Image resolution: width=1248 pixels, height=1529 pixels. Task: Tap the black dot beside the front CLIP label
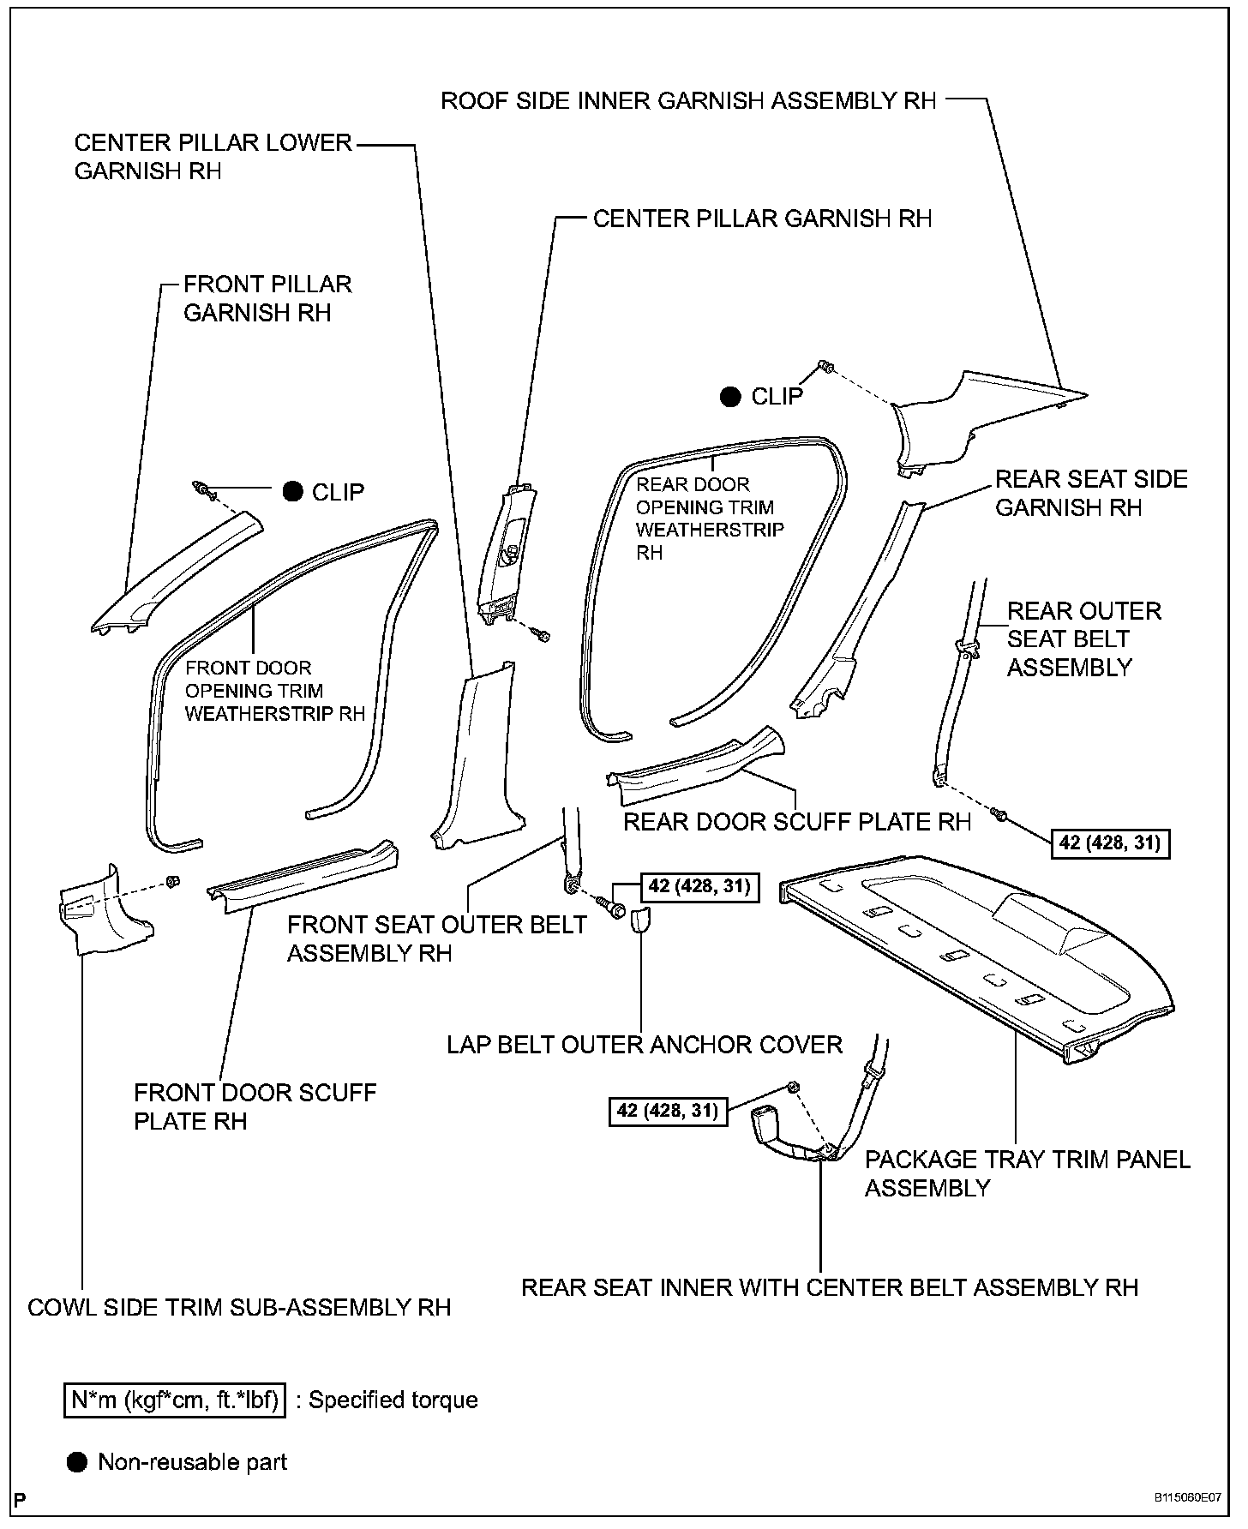(x=293, y=491)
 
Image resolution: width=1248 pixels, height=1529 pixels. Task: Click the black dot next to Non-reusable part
(x=77, y=1462)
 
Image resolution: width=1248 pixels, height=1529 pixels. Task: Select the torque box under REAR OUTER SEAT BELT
(x=1110, y=842)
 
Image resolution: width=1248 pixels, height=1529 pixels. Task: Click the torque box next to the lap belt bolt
(x=699, y=885)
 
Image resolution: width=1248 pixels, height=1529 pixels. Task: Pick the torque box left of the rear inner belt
(x=668, y=1111)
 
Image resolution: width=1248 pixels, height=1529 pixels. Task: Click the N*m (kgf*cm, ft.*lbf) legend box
(x=175, y=1400)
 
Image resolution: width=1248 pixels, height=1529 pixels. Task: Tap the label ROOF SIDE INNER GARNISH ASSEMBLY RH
(x=688, y=101)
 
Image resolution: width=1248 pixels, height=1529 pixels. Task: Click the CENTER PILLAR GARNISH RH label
(x=762, y=219)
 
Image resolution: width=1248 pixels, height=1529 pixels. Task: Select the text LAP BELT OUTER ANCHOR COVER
(x=645, y=1045)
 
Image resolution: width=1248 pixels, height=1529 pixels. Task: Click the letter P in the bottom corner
(x=21, y=1500)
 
